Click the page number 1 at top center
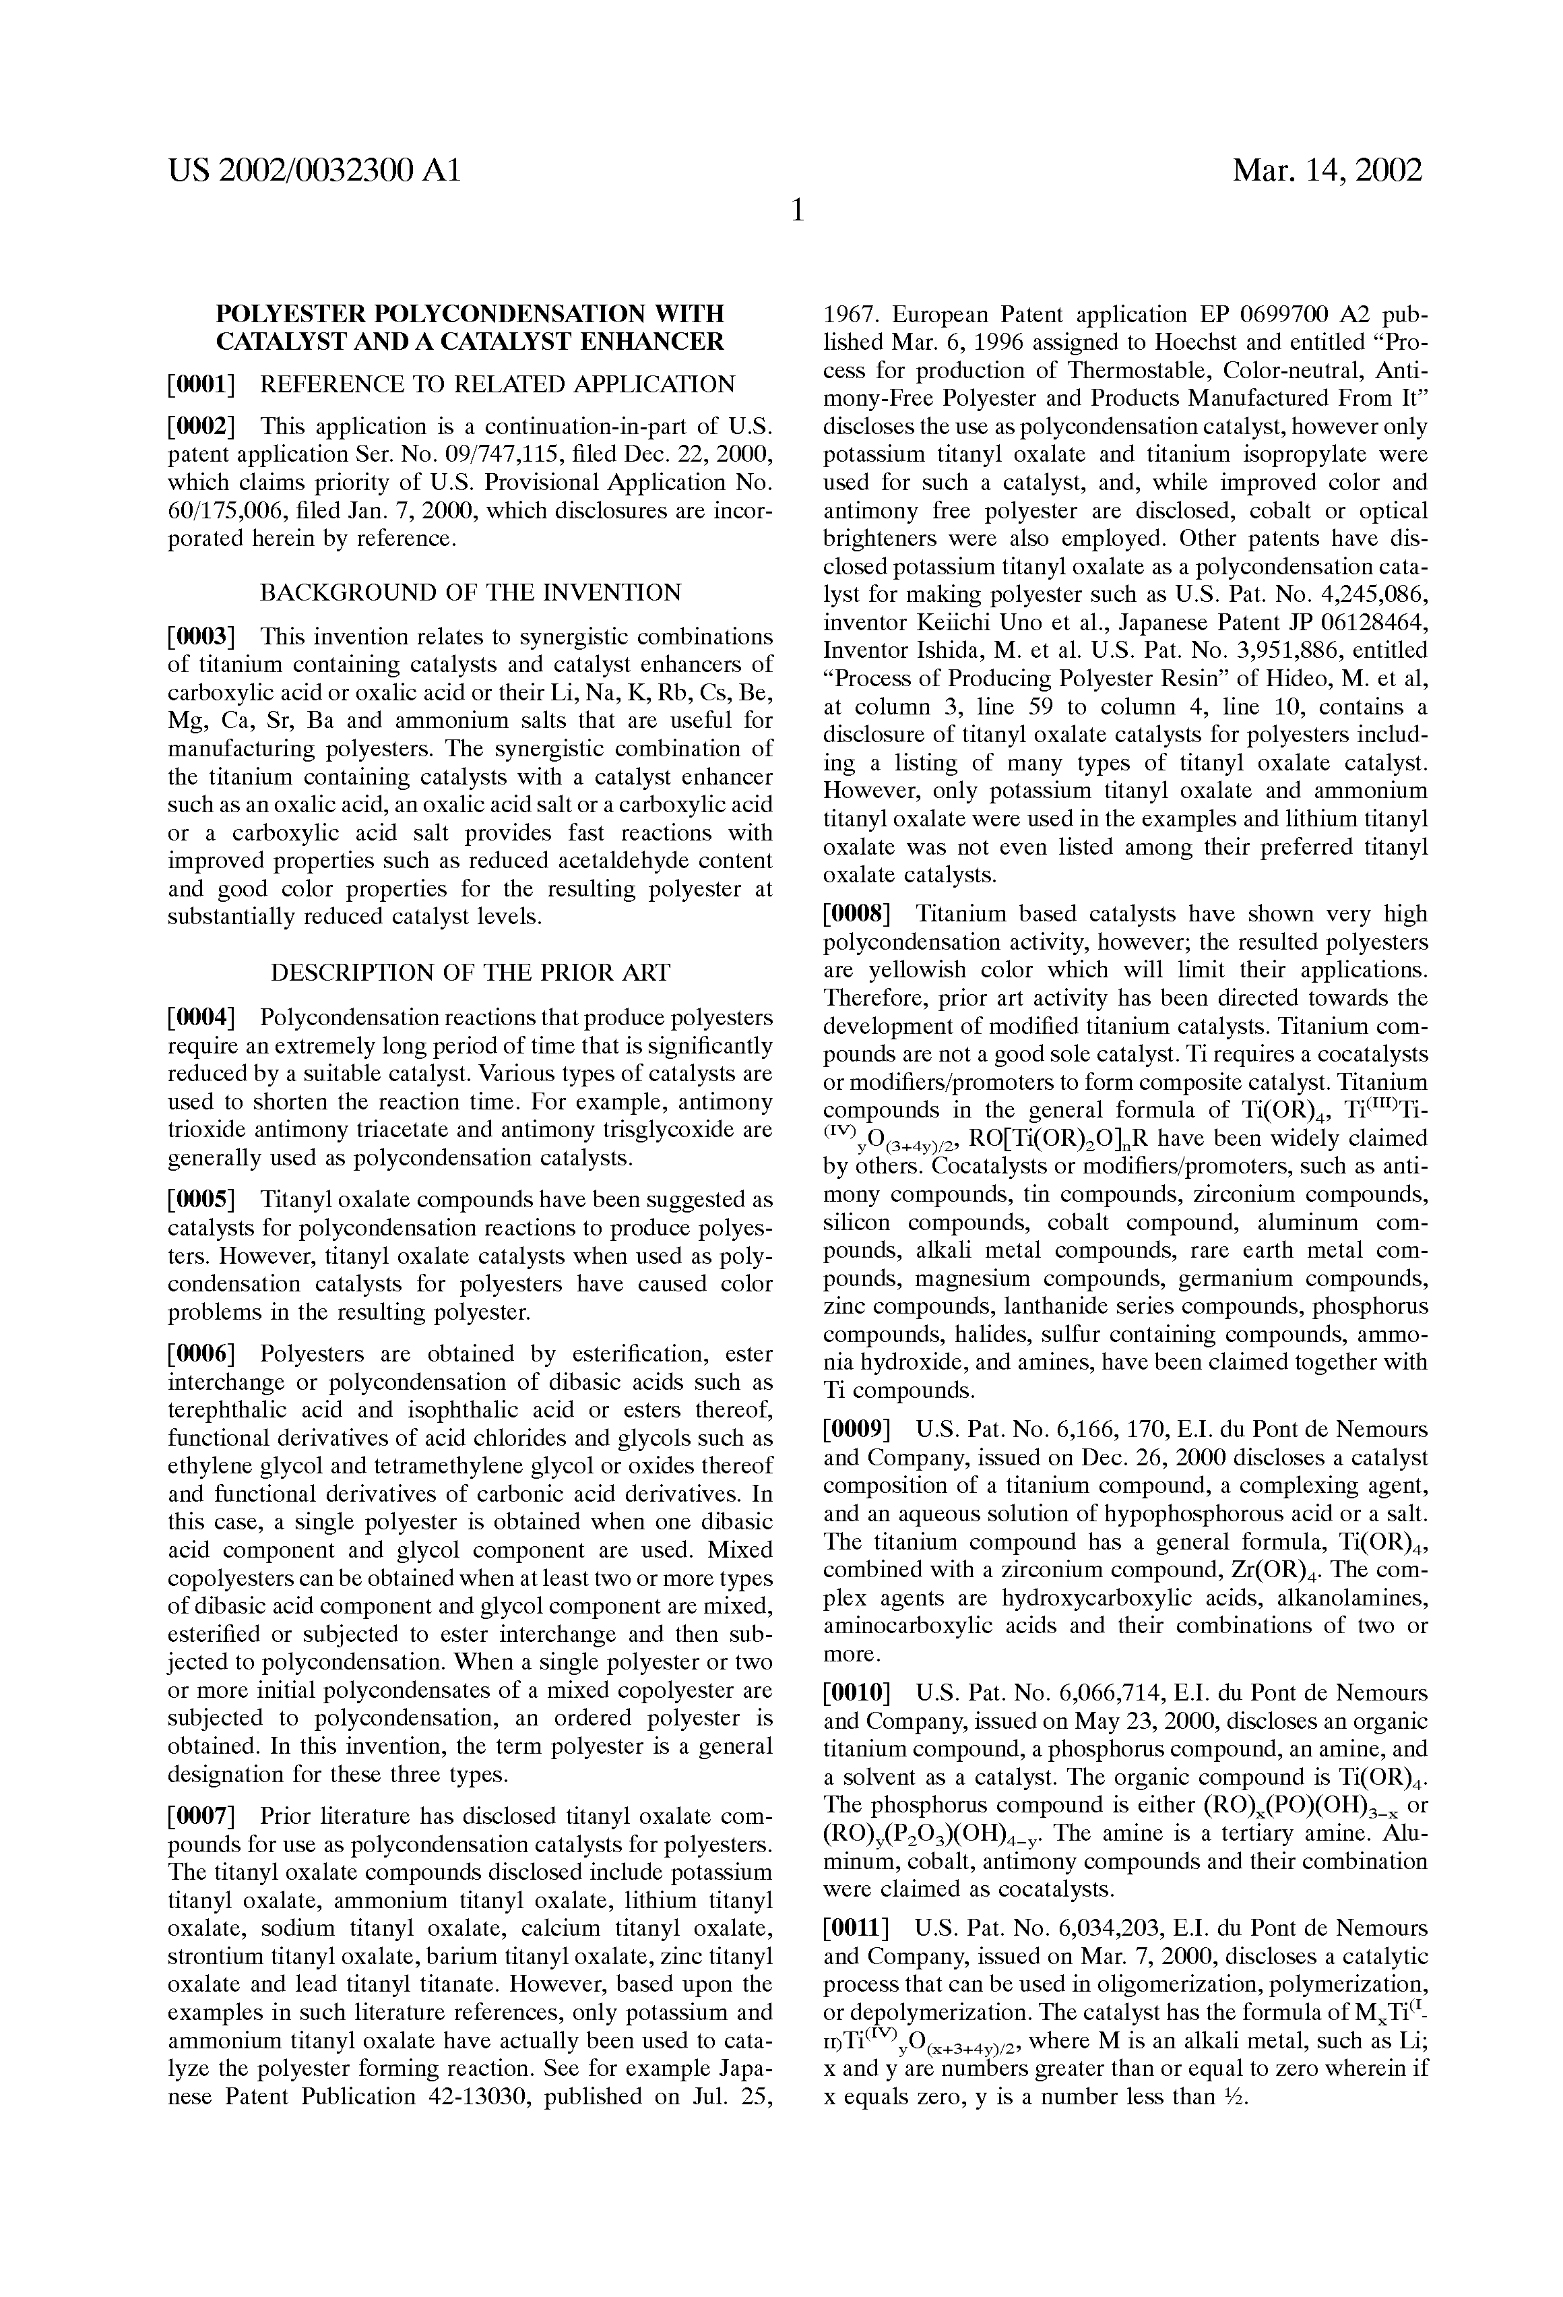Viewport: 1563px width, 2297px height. pos(796,210)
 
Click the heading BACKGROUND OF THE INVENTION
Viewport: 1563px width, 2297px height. pos(470,593)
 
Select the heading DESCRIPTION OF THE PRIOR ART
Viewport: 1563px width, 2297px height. pos(470,973)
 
